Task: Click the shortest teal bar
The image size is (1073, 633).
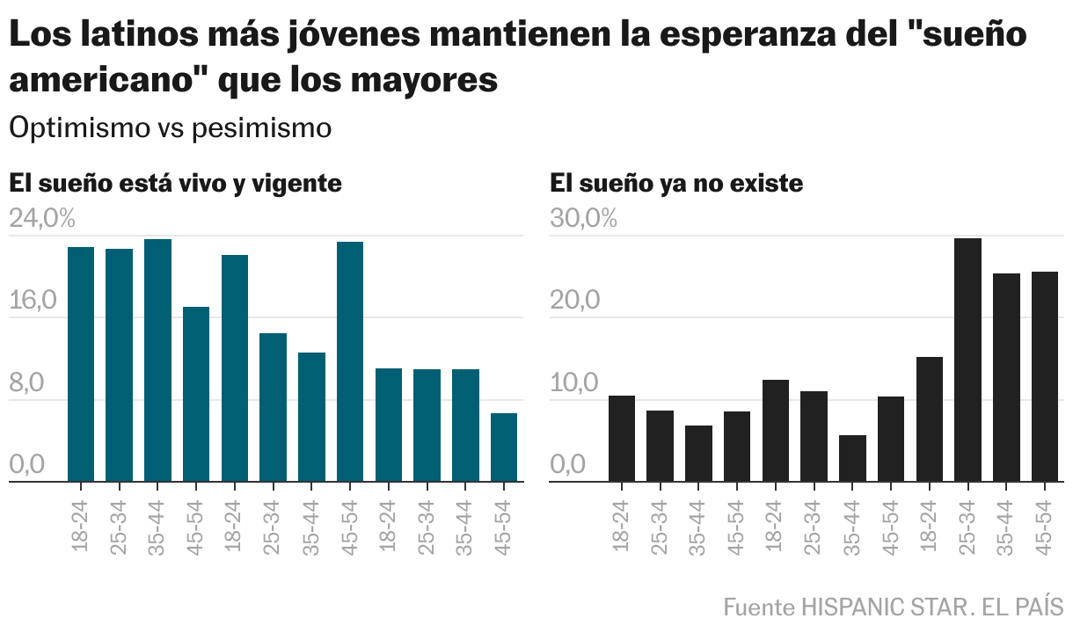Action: tap(504, 447)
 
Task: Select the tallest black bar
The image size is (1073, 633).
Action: tap(967, 360)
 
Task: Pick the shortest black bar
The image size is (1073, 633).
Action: tap(852, 458)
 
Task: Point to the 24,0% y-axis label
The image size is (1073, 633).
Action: tap(42, 219)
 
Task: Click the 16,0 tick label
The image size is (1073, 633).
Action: tap(33, 301)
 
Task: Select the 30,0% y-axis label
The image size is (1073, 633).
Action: tap(583, 219)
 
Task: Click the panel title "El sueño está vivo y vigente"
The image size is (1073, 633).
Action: tap(175, 184)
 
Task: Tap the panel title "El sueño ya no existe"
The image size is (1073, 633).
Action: tap(676, 184)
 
